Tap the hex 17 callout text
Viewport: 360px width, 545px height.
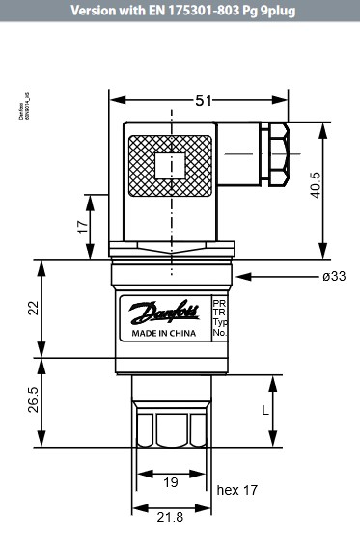click(237, 490)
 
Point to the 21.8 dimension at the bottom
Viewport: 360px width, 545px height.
click(170, 518)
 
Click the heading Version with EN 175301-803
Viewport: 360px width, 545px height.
click(180, 10)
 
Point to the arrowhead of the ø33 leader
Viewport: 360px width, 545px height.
click(239, 276)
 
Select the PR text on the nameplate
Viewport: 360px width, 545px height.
click(218, 303)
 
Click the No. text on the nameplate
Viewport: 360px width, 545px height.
click(218, 333)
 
